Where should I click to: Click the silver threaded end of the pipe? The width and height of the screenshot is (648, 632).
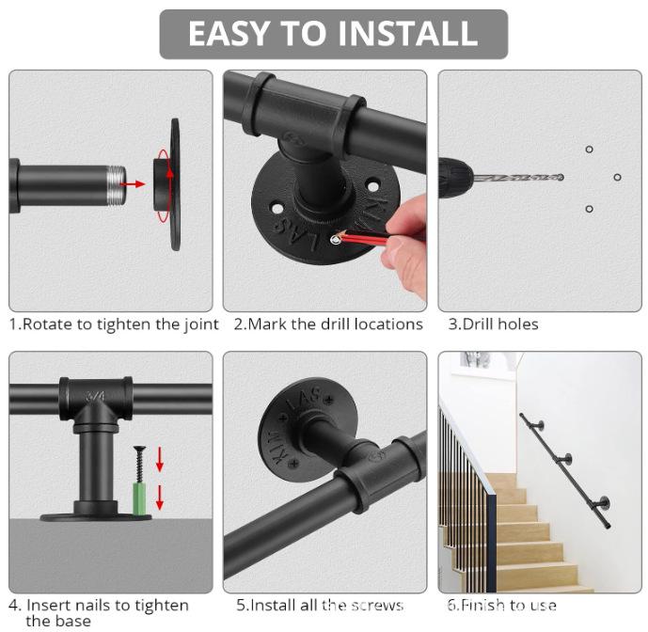114,183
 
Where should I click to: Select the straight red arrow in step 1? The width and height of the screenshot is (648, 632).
134,183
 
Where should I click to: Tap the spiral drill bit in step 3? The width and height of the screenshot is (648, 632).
517,177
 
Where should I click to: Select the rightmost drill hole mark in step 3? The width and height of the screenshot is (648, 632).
617,177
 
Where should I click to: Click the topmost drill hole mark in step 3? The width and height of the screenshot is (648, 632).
589,149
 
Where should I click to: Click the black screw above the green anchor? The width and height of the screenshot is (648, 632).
139,460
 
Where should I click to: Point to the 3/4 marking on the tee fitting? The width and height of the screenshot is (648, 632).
94,397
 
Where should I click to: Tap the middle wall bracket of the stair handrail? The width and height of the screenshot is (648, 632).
568,459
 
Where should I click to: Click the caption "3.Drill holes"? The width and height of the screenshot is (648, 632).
493,324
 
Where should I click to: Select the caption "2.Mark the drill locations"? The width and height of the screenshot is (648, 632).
328,324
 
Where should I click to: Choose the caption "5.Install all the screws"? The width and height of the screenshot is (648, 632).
320,605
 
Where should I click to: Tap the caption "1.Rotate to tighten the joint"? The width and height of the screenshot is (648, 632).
114,324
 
